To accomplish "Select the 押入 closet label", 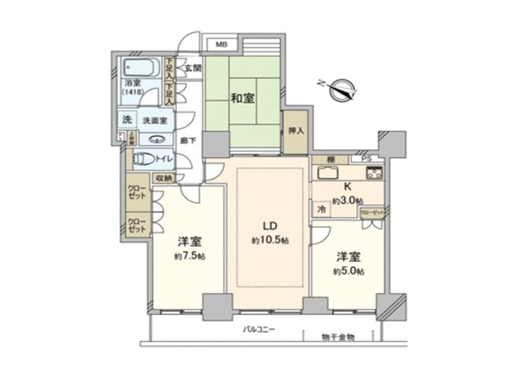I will [x=294, y=132].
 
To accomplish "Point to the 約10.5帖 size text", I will [x=270, y=241].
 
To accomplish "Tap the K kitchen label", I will [x=347, y=188].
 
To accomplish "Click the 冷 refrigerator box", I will [x=321, y=207].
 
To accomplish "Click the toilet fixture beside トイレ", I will [x=143, y=158].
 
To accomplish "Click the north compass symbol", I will [x=341, y=86].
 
